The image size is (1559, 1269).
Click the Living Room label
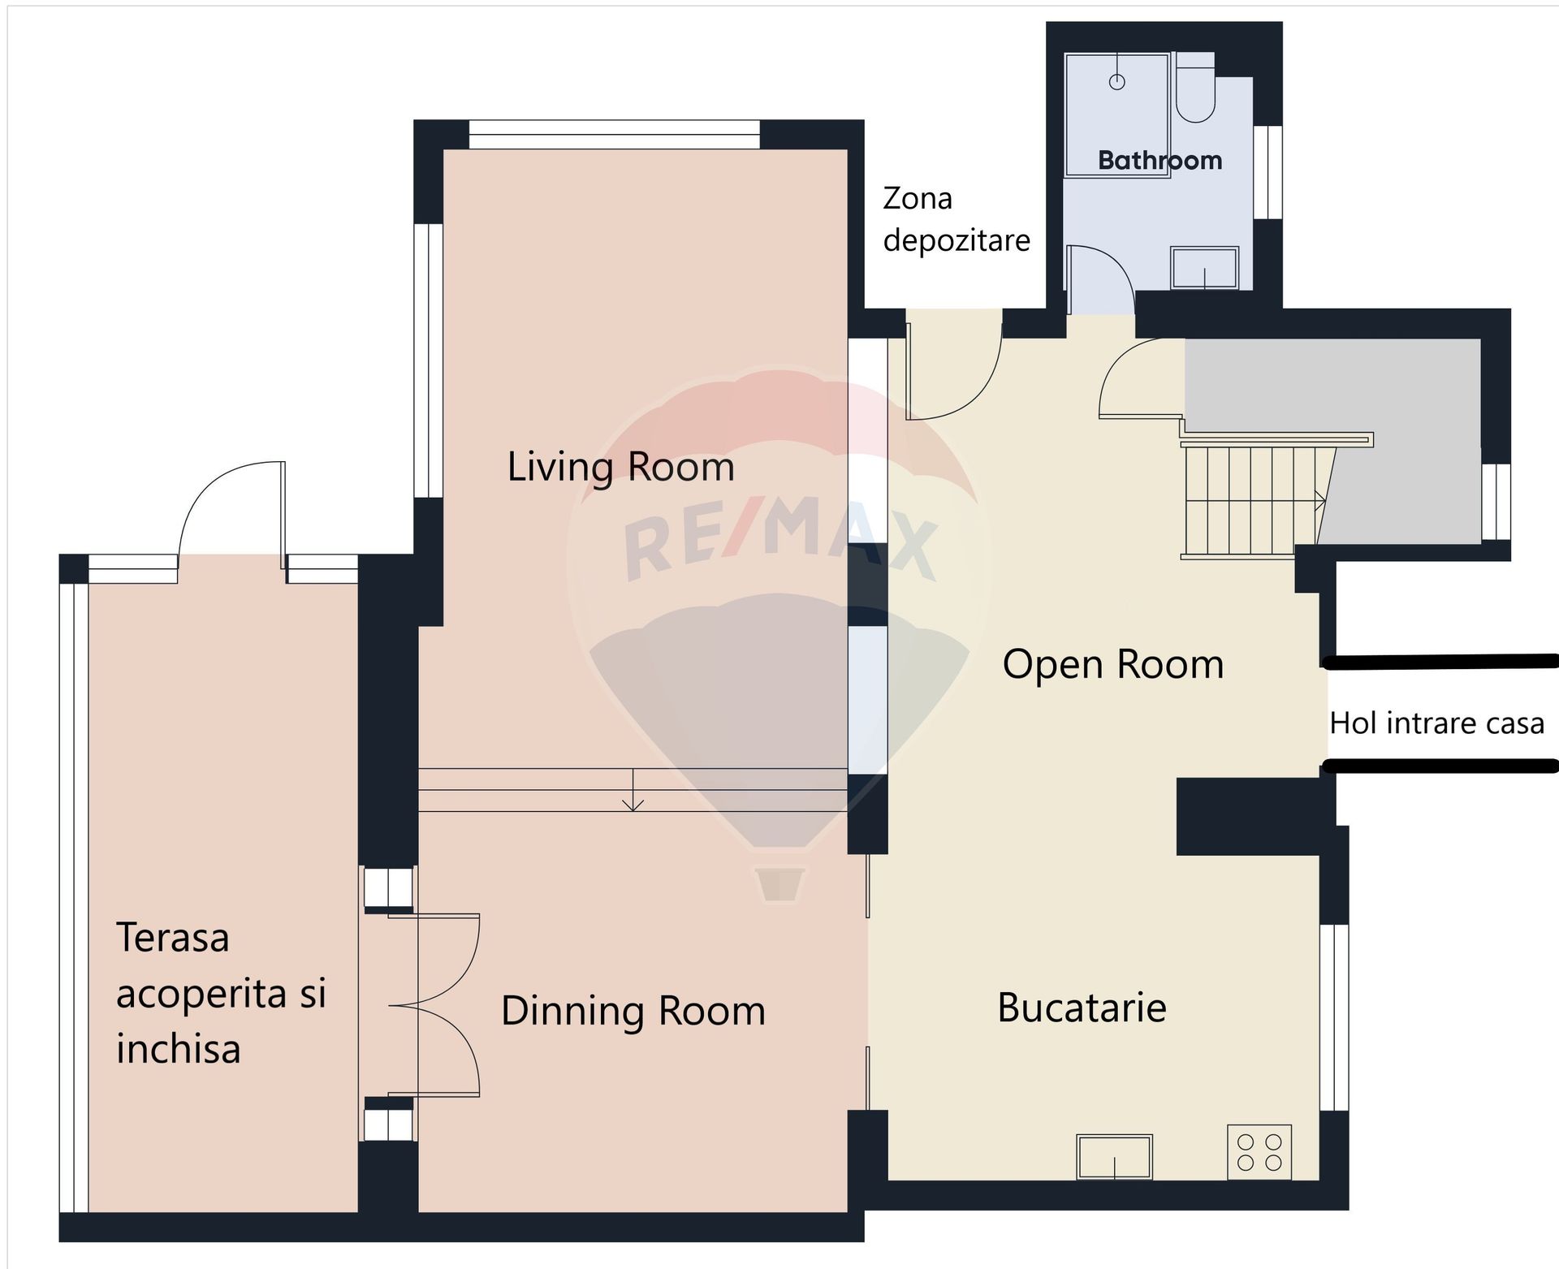click(x=620, y=467)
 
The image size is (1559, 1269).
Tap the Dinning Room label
click(x=633, y=1011)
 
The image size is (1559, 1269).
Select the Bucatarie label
click(x=1082, y=1008)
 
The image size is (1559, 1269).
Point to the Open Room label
click(x=1113, y=664)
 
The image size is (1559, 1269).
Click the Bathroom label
click(x=1160, y=160)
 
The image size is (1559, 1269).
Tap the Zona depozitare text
click(x=957, y=219)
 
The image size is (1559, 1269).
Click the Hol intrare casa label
click(x=1436, y=723)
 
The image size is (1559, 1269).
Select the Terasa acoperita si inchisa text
click(x=221, y=992)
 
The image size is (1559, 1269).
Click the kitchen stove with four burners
click(x=1259, y=1152)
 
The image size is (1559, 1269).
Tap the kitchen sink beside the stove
click(x=1114, y=1156)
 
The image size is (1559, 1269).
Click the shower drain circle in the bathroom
click(x=1117, y=82)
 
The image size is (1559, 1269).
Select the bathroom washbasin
click(x=1205, y=268)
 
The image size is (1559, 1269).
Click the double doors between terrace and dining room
click(x=434, y=1005)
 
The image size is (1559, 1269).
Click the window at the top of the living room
click(x=615, y=135)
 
